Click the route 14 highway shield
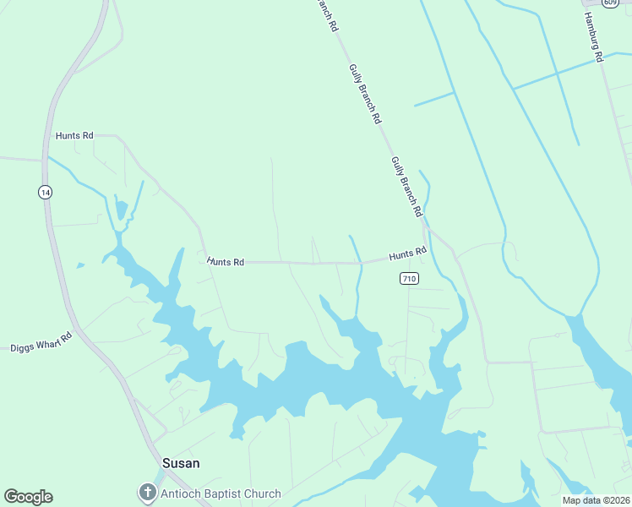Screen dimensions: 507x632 point(46,193)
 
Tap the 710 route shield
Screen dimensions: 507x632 point(409,278)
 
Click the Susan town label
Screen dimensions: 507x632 point(181,463)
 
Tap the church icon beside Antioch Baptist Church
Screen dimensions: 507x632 point(148,493)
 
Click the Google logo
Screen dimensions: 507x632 point(28,497)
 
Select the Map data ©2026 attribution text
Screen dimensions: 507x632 point(595,500)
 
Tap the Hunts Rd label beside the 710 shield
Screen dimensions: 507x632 point(407,253)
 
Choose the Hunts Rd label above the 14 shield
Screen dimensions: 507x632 point(74,135)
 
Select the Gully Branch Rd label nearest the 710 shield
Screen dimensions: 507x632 point(406,187)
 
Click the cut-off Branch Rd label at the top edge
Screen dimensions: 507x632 point(327,15)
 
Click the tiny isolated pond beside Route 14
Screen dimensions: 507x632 point(80,265)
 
